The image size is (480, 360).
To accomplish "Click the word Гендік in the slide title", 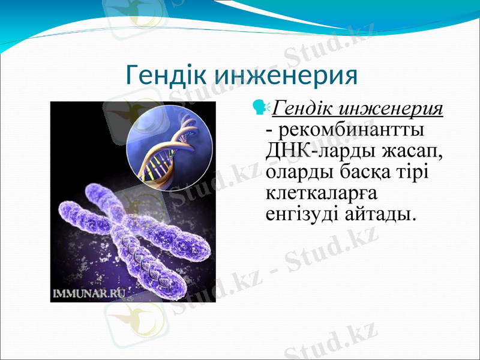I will pyautogui.click(x=167, y=76).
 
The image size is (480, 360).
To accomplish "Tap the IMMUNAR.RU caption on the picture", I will pyautogui.click(x=89, y=293).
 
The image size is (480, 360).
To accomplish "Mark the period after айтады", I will pyautogui.click(x=413, y=219).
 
